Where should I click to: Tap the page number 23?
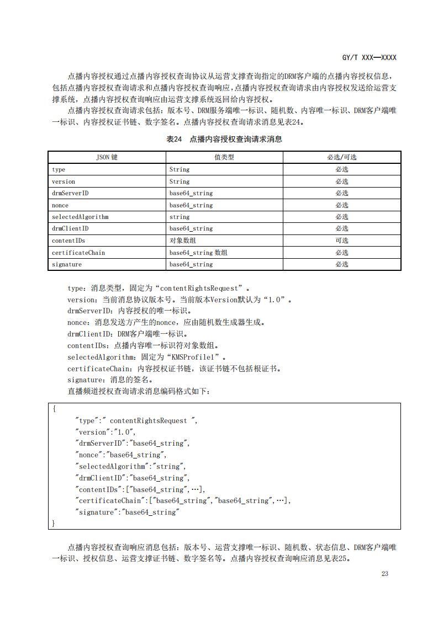tap(385, 574)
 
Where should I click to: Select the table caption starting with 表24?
tap(224, 139)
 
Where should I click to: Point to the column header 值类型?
tap(224, 157)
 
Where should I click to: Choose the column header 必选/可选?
tap(342, 157)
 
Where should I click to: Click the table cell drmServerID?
tap(70, 193)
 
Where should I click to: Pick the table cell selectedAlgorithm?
tap(80, 217)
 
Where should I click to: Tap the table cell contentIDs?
tap(68, 241)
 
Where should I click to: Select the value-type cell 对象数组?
tap(182, 241)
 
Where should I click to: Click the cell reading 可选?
tap(342, 241)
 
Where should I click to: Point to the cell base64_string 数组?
tap(198, 253)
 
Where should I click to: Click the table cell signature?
tap(67, 264)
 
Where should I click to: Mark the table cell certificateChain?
tap(78, 253)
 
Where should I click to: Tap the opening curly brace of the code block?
tap(54, 409)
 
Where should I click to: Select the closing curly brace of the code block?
tap(54, 522)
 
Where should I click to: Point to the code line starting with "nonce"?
tap(121, 455)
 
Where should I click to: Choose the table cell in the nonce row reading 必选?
tap(342, 205)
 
